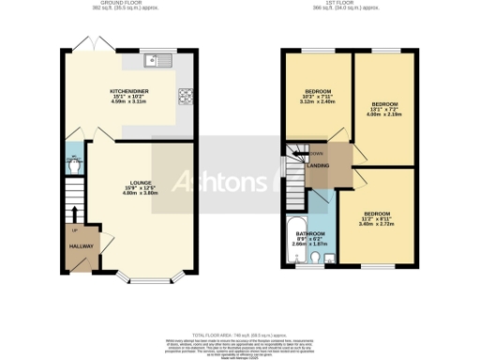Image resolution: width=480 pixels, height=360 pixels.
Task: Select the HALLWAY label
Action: click(81, 247)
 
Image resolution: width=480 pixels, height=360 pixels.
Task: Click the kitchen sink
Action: click(156, 62)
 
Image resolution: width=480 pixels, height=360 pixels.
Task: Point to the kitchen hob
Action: click(184, 95)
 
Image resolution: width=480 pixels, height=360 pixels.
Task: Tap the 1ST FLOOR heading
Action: click(344, 4)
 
